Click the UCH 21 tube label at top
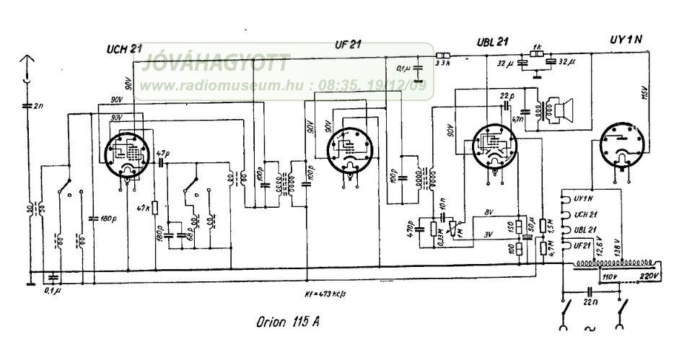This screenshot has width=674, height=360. click(x=122, y=48)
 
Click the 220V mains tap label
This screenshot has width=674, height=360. click(x=647, y=276)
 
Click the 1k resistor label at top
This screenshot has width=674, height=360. click(x=536, y=45)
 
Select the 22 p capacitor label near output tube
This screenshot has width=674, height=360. click(x=508, y=95)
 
